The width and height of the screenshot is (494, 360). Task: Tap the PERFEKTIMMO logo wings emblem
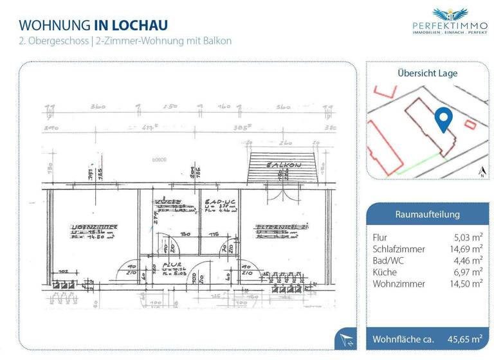point(450,14)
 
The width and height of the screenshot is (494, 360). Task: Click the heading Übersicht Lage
point(427,73)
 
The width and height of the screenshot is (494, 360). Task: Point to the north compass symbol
point(482,171)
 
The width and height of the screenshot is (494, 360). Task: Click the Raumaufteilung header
point(427,214)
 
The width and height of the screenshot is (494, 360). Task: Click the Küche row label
point(385,272)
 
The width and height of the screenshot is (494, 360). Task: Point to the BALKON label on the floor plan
point(284,166)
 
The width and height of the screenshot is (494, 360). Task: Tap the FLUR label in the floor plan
point(171,264)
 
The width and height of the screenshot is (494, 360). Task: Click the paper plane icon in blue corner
point(346,339)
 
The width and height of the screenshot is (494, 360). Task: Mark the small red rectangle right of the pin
point(470,123)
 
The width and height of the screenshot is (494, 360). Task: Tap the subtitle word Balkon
point(217,40)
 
